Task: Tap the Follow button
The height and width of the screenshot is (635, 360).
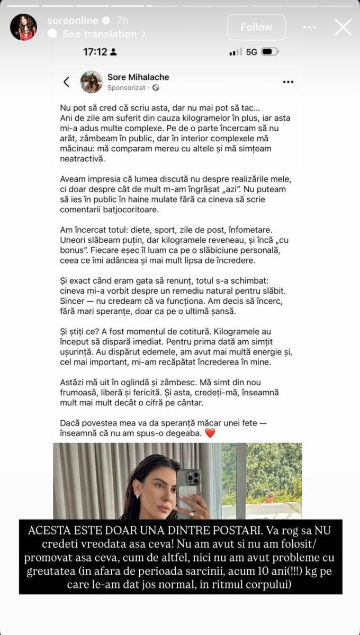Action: point(256,27)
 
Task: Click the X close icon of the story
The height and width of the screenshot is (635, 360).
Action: point(343,27)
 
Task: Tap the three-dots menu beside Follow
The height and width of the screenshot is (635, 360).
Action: point(310,27)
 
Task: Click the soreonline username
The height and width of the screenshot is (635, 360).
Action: point(73,21)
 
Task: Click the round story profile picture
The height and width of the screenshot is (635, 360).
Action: point(23,27)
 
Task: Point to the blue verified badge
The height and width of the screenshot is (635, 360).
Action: point(106,21)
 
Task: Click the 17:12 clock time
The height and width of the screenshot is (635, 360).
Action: point(95,52)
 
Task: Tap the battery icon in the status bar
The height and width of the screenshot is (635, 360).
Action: point(269,52)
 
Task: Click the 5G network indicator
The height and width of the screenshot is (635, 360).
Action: point(251,52)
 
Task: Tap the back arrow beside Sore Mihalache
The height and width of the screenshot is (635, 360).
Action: point(66,82)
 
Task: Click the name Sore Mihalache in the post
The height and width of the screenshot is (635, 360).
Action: point(138,77)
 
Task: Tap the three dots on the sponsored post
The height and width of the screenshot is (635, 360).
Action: point(288,82)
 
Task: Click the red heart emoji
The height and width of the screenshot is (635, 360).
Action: point(210,433)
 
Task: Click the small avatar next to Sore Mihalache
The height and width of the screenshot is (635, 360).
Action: point(91,82)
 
